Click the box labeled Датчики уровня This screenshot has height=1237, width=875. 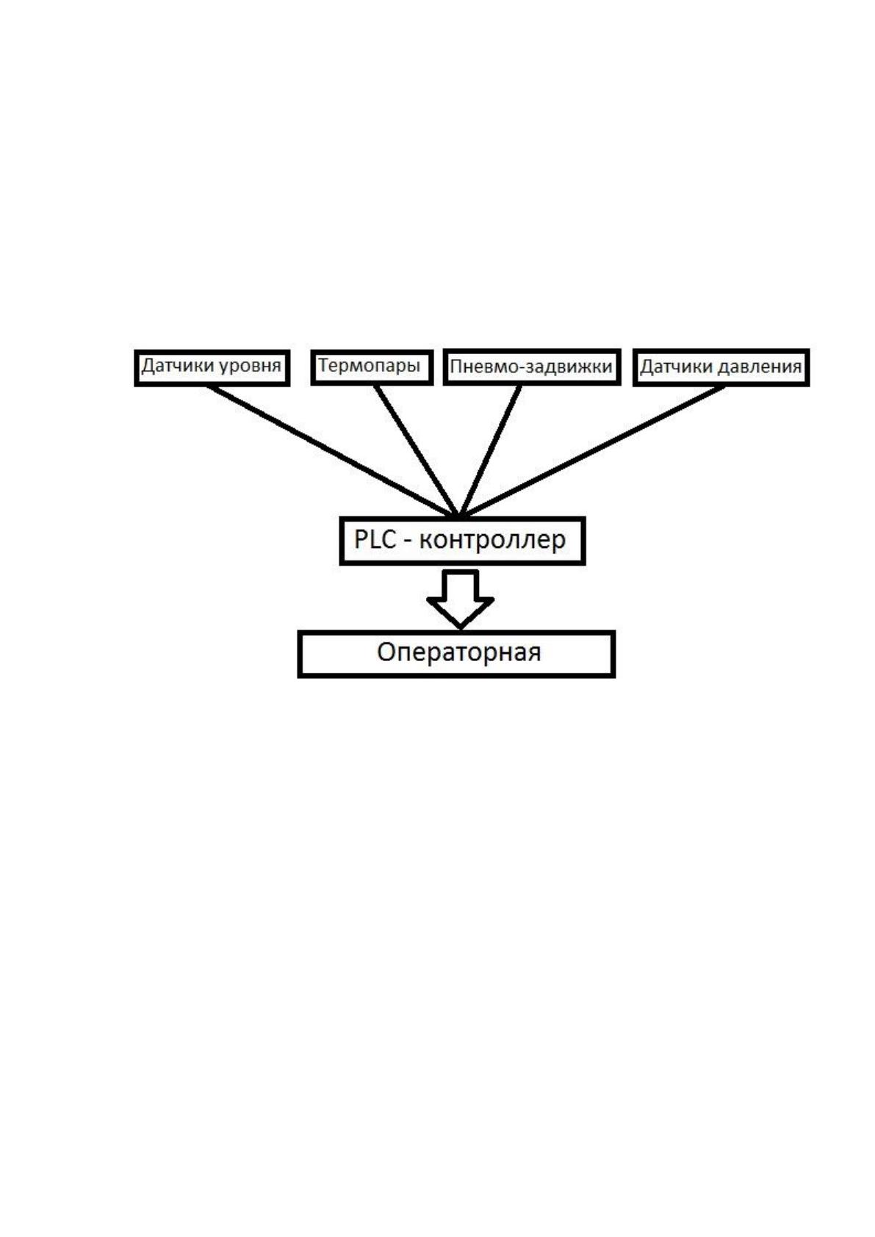[x=212, y=368]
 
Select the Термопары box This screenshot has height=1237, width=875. [x=372, y=368]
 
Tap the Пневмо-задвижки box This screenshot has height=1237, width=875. [x=532, y=367]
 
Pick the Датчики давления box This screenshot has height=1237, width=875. [x=721, y=368]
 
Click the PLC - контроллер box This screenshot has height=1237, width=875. [x=462, y=541]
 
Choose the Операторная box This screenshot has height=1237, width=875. [x=456, y=654]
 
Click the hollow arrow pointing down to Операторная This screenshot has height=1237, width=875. [x=460, y=599]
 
